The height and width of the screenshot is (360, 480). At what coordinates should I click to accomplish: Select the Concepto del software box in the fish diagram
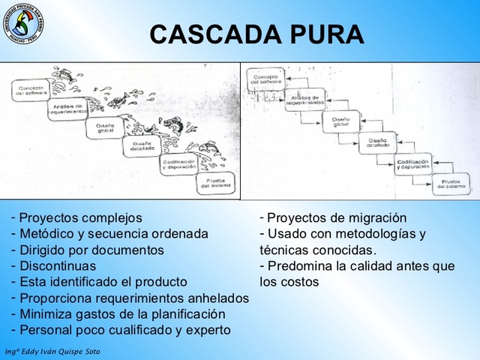pos(32,91)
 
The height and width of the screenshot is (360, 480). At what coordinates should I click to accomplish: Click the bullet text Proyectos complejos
pos(80,218)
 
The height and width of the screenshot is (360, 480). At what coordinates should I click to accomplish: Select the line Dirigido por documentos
pos(91,250)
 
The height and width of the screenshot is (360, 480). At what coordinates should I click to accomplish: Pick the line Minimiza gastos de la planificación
pos(122,313)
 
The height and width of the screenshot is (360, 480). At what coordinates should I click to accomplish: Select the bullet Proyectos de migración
pos(337,218)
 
